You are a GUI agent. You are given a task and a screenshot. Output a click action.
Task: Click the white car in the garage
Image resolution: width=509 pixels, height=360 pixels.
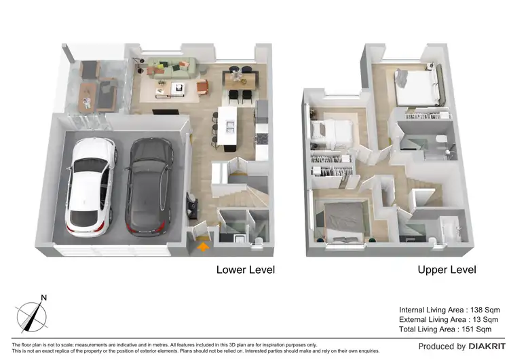point(88,184)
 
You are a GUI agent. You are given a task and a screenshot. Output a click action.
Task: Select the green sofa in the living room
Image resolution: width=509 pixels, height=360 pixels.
point(174,67)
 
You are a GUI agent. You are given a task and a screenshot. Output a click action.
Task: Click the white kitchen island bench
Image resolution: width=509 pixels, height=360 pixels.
point(227,126)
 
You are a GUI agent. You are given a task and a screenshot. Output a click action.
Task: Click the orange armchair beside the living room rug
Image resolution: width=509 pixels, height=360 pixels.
point(204,86)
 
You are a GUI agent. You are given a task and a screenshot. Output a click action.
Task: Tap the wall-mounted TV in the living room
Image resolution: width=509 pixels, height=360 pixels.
point(163,111)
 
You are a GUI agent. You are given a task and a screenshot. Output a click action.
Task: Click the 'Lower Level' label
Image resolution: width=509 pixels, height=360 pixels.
point(245,270)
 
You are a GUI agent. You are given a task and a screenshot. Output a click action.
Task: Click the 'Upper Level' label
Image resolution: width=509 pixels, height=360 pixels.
point(447,270)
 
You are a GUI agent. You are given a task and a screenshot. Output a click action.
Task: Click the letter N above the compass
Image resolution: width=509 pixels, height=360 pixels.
point(43,298)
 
